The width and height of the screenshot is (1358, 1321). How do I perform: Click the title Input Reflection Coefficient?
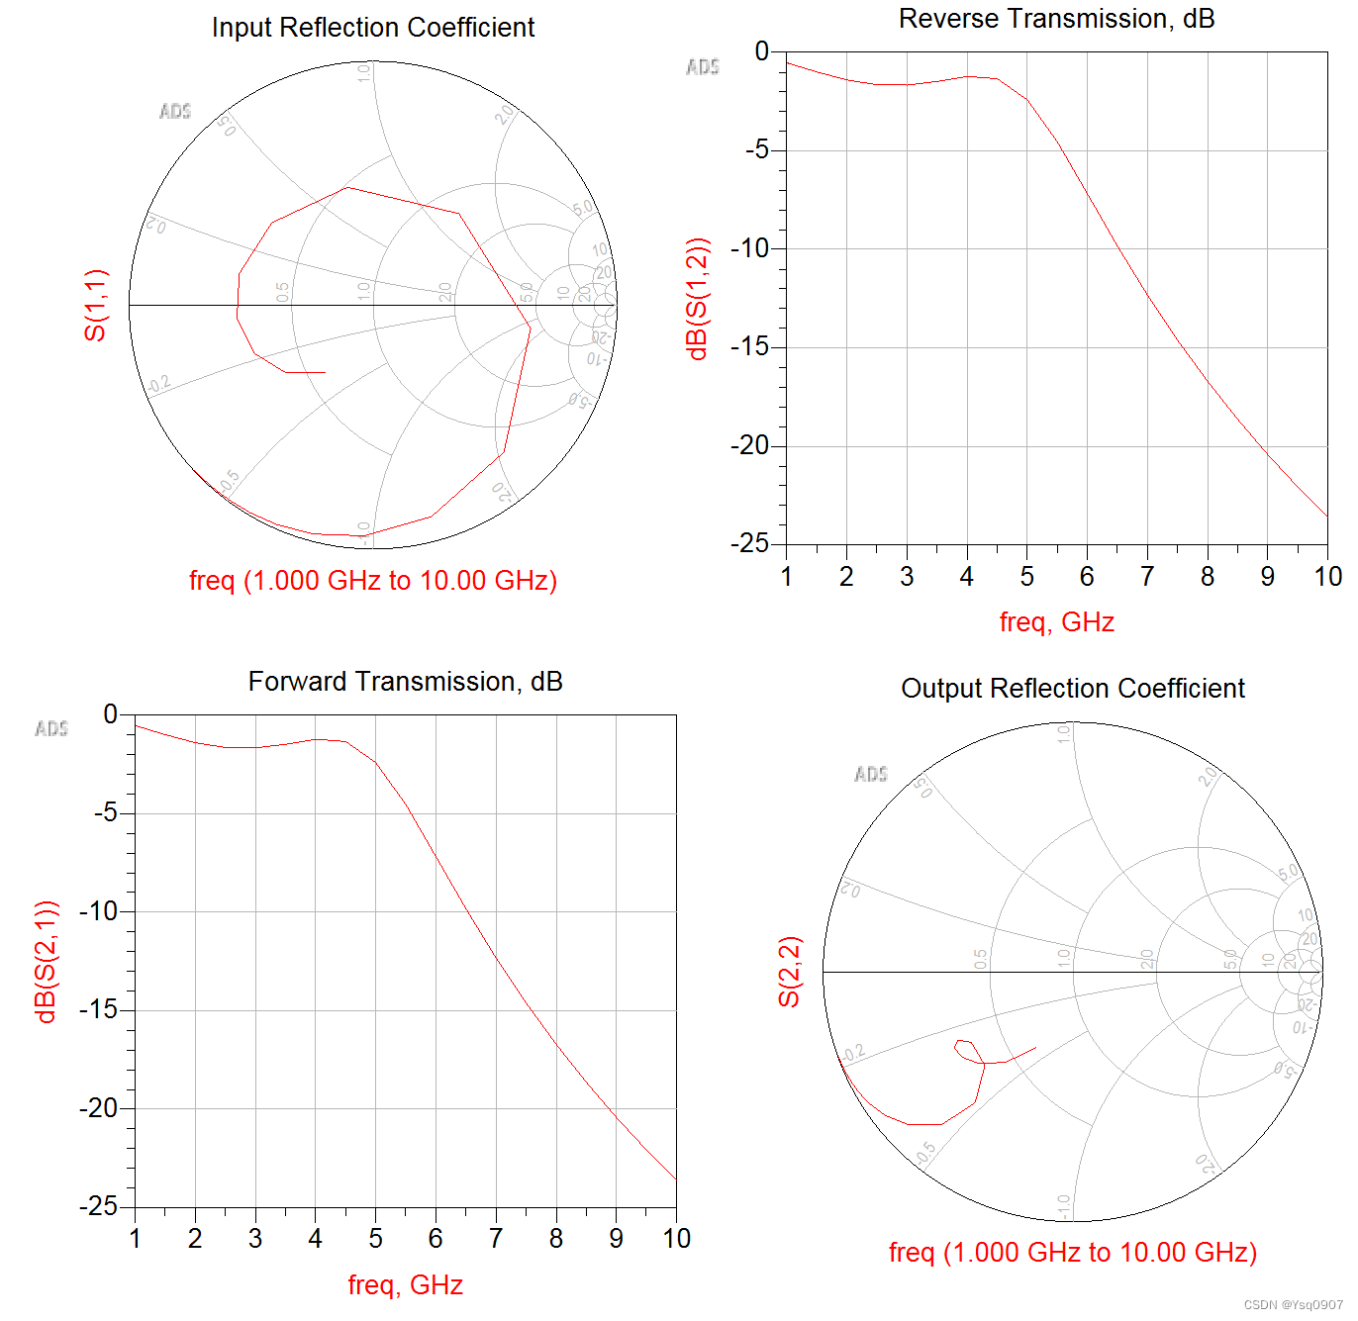coord(373,28)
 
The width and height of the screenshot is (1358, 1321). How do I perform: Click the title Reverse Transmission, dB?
coord(1056,19)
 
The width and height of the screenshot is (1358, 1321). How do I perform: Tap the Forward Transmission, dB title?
coord(405,682)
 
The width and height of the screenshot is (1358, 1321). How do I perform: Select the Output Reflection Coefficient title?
coord(1072,689)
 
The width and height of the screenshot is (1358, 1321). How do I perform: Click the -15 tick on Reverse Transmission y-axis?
coord(749,347)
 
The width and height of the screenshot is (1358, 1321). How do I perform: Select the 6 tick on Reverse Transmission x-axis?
coord(1087,577)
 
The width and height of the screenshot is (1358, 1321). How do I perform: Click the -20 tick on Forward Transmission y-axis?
coord(99,1108)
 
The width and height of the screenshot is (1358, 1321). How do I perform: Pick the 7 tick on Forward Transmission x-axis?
coord(496,1239)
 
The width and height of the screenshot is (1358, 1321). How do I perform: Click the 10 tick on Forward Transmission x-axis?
coord(676,1239)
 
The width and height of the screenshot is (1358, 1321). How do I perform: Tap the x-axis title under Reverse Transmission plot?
coord(1056,622)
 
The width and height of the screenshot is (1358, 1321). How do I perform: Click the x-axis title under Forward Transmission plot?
coord(405,1285)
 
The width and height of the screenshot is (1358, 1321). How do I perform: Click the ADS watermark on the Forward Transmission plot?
coord(51,729)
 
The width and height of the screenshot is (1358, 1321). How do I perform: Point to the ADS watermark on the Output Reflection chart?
coord(871,774)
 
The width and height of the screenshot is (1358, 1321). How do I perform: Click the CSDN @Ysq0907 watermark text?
coord(1293,1305)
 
